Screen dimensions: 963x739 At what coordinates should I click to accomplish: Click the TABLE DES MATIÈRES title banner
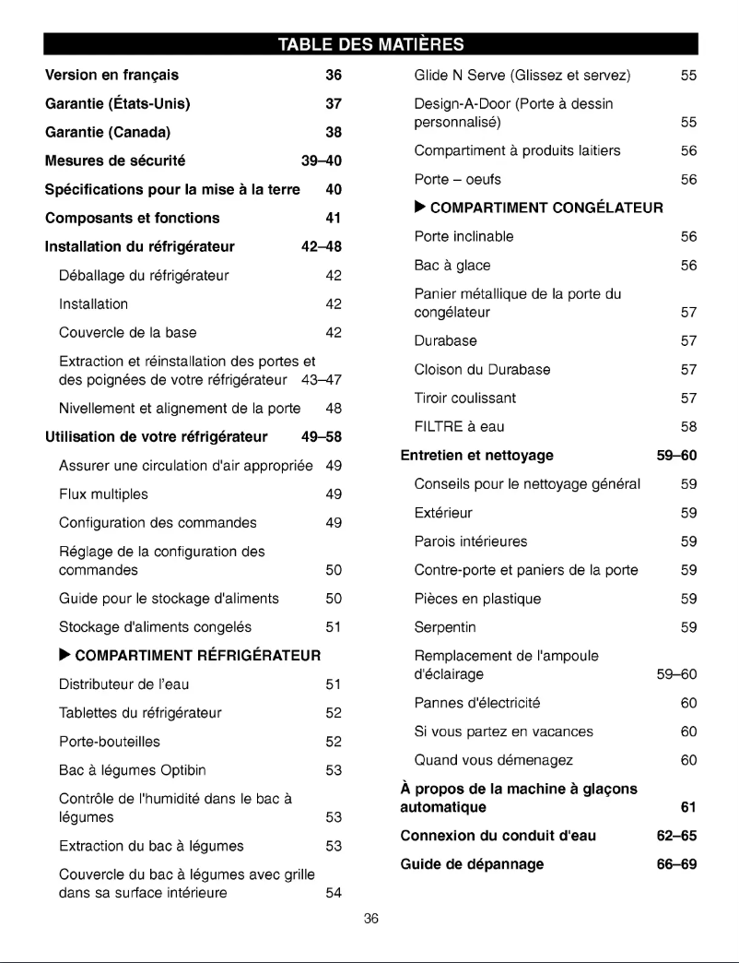(x=369, y=43)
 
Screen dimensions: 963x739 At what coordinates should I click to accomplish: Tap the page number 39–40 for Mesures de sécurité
(x=322, y=160)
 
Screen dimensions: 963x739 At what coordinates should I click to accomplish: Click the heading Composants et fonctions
(x=132, y=218)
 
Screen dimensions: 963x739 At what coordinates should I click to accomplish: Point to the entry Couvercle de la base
(x=127, y=332)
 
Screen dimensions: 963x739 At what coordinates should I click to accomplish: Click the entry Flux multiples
(x=103, y=494)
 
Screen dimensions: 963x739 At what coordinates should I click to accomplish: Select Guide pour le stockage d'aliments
(x=169, y=599)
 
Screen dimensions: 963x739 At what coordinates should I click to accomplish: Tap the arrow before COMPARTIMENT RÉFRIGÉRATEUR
(x=64, y=656)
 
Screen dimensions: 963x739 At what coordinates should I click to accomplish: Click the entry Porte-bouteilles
(x=110, y=742)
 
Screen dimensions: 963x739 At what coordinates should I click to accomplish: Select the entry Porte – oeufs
(x=458, y=179)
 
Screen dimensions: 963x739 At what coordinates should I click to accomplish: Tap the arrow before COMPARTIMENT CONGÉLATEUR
(x=420, y=208)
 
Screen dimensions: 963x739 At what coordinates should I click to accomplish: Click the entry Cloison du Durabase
(x=483, y=370)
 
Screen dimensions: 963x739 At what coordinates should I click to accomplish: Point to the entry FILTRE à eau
(x=460, y=427)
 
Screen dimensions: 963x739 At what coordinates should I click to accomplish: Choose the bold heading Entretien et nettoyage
(x=477, y=455)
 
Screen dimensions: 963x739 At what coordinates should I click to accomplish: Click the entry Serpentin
(x=445, y=627)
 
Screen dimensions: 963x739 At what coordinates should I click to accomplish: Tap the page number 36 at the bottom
(x=369, y=918)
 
